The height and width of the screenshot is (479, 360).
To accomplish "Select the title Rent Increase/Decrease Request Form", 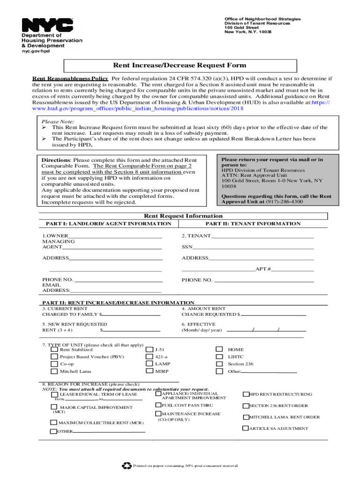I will coord(180,65).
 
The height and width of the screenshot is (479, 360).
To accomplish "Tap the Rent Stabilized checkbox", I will coord(55,349).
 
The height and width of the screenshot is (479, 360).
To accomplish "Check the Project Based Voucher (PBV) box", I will coord(55,357).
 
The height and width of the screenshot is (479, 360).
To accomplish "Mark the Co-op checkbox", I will coord(55,364).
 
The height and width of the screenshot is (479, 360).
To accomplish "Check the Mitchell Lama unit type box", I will coord(55,371).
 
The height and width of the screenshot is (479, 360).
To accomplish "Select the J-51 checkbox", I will coord(150,349).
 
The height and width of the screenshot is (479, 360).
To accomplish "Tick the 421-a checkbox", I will coord(150,357).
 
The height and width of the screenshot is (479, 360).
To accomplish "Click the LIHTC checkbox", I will coord(219,357).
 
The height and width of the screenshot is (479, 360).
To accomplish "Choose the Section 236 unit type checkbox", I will coord(219,364).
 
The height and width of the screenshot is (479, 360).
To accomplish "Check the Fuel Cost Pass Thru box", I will coord(158,405).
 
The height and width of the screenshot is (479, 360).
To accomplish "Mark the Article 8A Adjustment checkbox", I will coord(246,428).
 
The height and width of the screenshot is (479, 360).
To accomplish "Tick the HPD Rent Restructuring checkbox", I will coord(246,394).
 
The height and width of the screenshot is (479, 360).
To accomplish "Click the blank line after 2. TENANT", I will coord(262,236).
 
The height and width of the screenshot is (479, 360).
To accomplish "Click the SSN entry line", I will coord(253,247).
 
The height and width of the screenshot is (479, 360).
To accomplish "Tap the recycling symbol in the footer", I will coord(126,465).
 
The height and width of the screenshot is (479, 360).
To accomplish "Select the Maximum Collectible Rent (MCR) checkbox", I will coord(53,423).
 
